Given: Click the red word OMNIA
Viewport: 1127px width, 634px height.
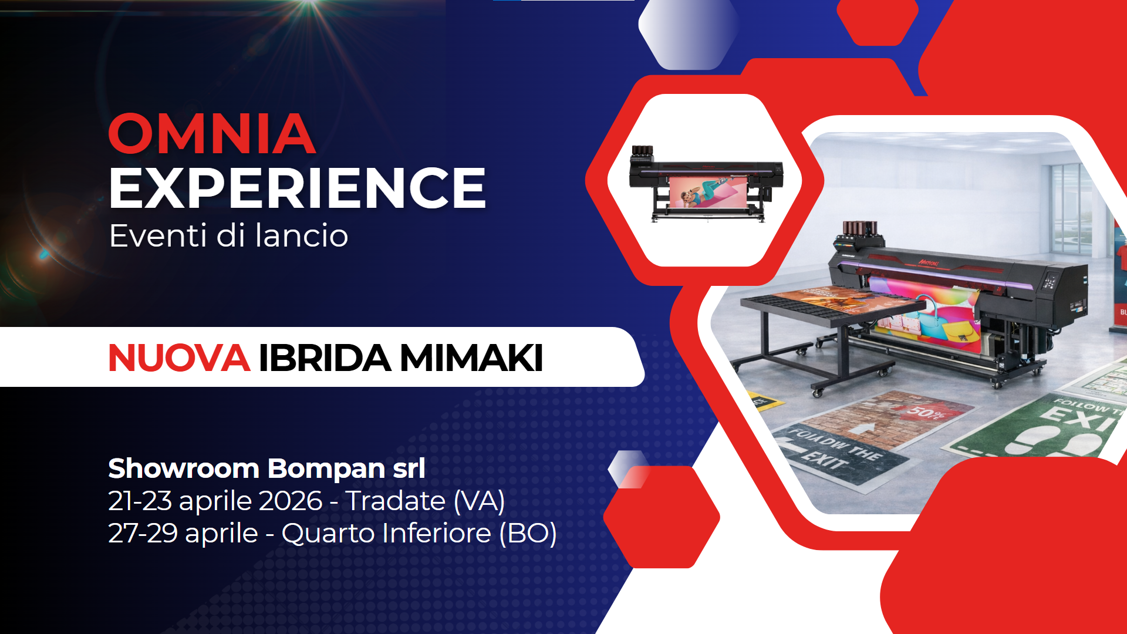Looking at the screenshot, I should click(212, 134).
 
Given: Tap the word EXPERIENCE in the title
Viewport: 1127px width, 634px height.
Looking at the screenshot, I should click(297, 188).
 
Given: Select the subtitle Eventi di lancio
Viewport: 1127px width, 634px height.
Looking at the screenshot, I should click(228, 236).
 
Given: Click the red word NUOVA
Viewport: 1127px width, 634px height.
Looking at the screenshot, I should click(179, 358).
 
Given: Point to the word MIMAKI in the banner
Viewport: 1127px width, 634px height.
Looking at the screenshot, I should click(471, 358).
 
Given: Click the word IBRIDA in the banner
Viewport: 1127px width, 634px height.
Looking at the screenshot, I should click(325, 358).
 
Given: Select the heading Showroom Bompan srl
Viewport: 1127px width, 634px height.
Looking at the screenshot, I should click(266, 468).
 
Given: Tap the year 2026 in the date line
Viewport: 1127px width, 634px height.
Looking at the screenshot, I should click(291, 501).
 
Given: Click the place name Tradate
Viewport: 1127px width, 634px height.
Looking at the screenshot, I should click(395, 501).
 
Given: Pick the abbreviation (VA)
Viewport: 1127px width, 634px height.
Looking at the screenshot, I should click(479, 501).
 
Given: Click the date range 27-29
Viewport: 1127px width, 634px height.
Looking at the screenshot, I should click(143, 533).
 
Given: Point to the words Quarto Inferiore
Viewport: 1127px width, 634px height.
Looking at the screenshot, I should click(386, 533).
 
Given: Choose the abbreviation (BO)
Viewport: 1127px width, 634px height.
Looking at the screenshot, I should click(528, 533).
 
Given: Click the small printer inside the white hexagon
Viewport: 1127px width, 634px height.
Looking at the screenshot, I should click(706, 183).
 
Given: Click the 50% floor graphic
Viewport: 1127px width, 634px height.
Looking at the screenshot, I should click(926, 412).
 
